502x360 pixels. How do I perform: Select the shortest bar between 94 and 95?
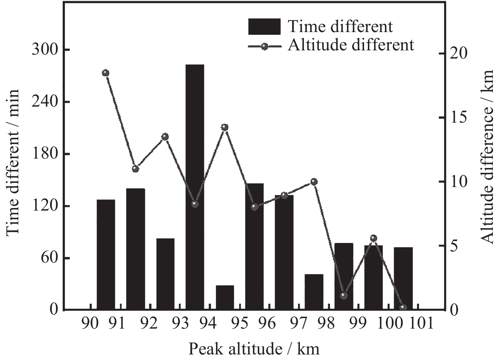[225, 298]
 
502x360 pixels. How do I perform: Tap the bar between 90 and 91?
[106, 255]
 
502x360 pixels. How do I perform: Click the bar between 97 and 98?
[314, 292]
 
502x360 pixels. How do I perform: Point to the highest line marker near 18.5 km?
[105, 73]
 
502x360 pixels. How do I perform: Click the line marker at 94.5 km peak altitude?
[224, 127]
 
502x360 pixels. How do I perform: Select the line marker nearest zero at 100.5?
[403, 307]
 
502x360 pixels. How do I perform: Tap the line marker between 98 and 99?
[343, 296]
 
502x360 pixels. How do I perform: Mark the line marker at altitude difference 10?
[314, 182]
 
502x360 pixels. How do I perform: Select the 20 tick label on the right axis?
[458, 54]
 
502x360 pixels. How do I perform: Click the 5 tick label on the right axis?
[454, 246]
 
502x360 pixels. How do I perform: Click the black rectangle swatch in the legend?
[264, 26]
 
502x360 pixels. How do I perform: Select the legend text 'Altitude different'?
[351, 44]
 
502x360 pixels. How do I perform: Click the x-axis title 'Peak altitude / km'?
[253, 349]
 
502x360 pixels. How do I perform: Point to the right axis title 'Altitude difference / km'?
[488, 157]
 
